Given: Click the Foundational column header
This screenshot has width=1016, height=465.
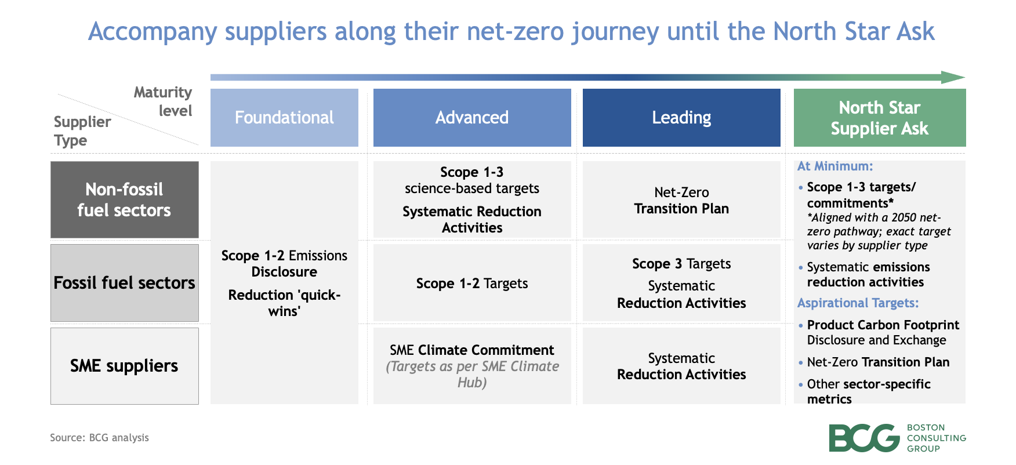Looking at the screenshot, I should pyautogui.click(x=284, y=118).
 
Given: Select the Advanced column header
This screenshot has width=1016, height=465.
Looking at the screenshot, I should pyautogui.click(x=471, y=118).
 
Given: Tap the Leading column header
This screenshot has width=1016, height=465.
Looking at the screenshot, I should pyautogui.click(x=681, y=118).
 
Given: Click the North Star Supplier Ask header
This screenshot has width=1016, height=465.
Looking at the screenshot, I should pyautogui.click(x=879, y=118).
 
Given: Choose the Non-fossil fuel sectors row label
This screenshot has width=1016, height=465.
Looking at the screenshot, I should pyautogui.click(x=124, y=199).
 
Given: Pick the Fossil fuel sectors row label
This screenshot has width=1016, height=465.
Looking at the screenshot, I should pyautogui.click(x=124, y=283).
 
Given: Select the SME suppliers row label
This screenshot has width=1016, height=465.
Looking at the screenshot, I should pyautogui.click(x=124, y=366).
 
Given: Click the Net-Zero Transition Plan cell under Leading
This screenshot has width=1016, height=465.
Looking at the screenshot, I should pyautogui.click(x=681, y=200).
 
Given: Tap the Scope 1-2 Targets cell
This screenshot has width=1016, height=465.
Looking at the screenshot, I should pyautogui.click(x=471, y=284).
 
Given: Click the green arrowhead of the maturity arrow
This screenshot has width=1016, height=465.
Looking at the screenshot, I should pyautogui.click(x=952, y=77).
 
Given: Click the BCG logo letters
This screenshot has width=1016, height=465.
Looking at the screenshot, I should pyautogui.click(x=863, y=438).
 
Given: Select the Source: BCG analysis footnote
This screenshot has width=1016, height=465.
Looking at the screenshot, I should pyautogui.click(x=99, y=438).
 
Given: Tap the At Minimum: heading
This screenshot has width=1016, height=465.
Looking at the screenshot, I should pyautogui.click(x=834, y=166).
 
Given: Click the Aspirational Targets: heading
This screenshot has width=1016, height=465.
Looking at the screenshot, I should pyautogui.click(x=858, y=303).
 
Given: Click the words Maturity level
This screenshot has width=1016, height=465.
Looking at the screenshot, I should pyautogui.click(x=164, y=101).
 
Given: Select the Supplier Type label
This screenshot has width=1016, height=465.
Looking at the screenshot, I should pyautogui.click(x=81, y=131).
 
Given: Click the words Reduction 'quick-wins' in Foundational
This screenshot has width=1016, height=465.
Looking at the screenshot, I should pyautogui.click(x=284, y=303).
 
